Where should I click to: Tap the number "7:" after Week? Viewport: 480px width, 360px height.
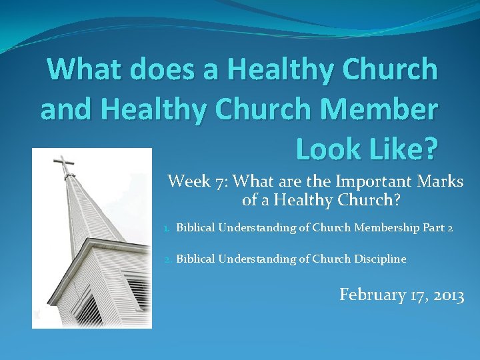coord(222,181)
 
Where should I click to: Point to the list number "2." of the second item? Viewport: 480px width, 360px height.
coord(168,259)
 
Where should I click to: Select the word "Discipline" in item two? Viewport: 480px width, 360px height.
coord(380,259)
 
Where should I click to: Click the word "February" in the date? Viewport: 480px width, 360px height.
coord(371,295)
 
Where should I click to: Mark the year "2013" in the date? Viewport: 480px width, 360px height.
coord(448,295)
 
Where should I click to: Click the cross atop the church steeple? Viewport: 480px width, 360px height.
coord(63,163)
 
